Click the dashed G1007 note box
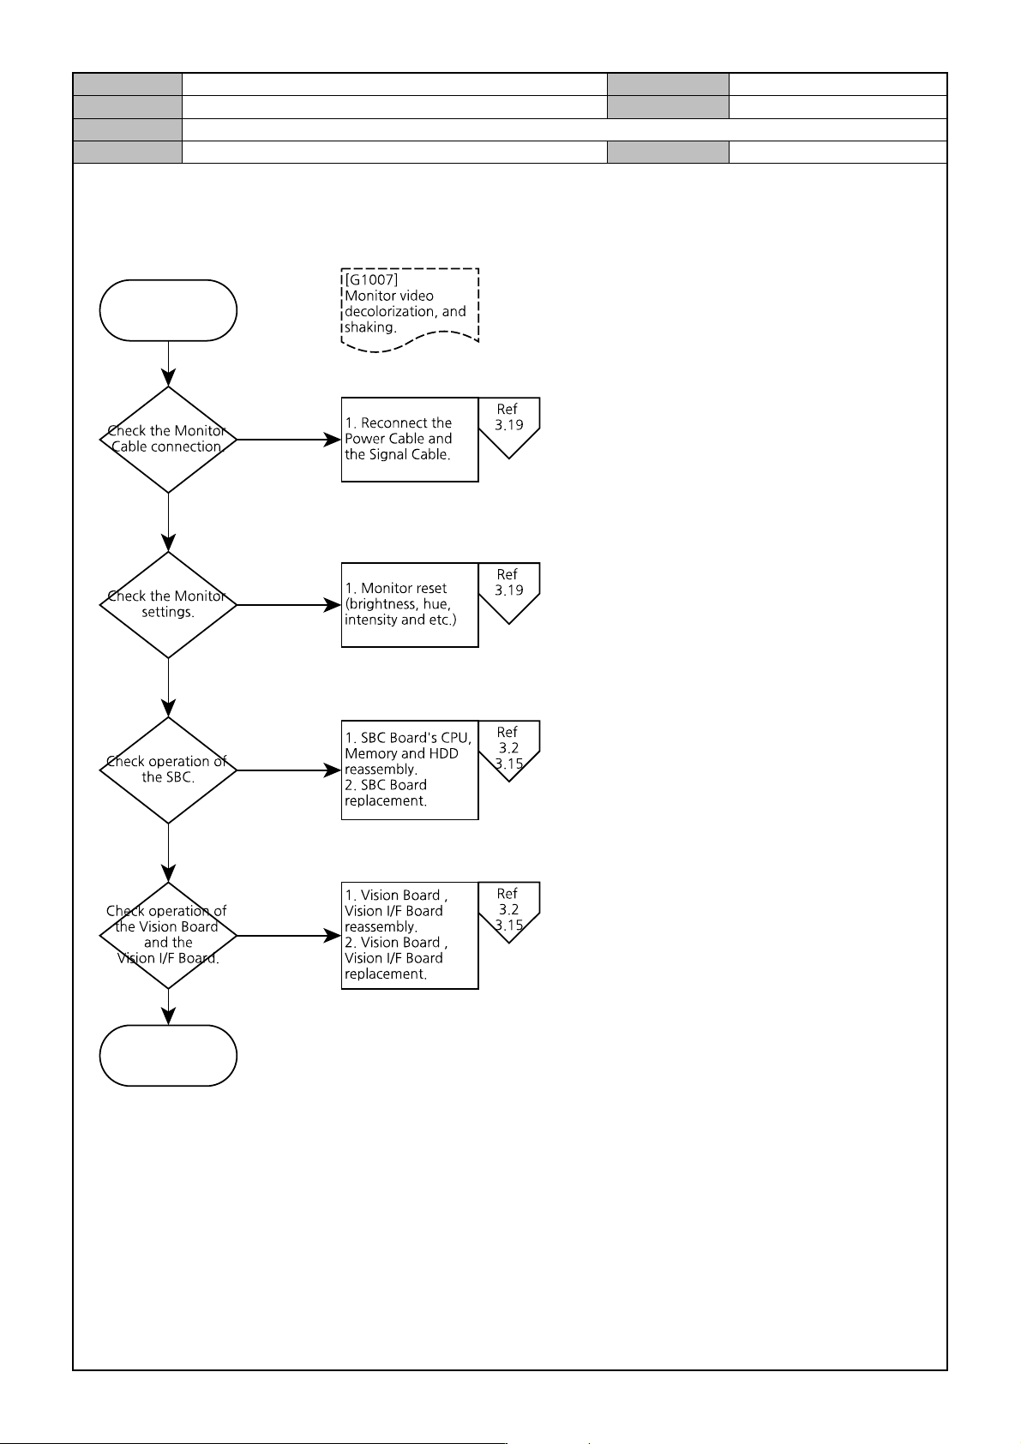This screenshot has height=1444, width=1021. click(410, 310)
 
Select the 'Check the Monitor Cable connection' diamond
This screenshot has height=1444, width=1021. click(168, 440)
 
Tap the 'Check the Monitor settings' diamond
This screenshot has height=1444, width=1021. click(168, 605)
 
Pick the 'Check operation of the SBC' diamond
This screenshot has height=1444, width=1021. click(168, 770)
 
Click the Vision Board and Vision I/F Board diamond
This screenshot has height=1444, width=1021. click(168, 935)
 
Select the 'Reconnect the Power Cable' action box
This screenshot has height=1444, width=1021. click(410, 440)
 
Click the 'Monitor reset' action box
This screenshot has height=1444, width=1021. click(410, 605)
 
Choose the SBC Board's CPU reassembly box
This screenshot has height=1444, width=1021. click(410, 770)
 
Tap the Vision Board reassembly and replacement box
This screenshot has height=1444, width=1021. click(410, 935)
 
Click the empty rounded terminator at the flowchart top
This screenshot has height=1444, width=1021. click(168, 310)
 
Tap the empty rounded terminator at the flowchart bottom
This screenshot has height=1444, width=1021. click(168, 1055)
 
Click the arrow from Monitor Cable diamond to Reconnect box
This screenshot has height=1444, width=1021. click(289, 440)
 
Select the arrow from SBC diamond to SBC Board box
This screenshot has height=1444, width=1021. click(289, 770)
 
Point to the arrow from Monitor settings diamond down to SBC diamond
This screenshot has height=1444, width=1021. click(168, 688)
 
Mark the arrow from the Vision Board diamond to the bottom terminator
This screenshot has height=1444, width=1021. click(168, 1007)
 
